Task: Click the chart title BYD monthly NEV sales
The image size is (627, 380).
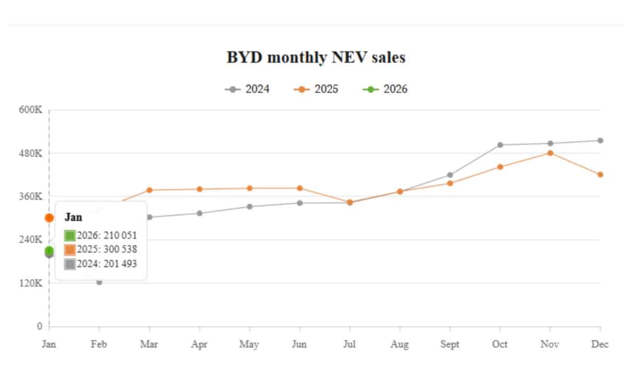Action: coord(316,57)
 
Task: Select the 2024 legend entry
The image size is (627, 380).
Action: coord(248,89)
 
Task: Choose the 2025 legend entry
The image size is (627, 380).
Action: coord(316,89)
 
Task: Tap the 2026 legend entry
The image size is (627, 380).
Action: coord(385,89)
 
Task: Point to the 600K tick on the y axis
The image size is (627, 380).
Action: coord(31,110)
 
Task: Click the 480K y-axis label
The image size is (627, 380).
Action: coord(31,153)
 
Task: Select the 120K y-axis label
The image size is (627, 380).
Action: coord(31,283)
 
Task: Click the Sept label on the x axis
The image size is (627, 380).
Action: coord(450,344)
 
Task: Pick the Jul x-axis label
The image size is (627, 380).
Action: coord(350,344)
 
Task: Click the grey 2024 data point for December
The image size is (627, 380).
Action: coord(600,141)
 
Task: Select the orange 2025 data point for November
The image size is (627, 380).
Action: coord(550,153)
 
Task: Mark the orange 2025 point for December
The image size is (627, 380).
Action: coord(600,175)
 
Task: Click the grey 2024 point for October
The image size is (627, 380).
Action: coord(500,145)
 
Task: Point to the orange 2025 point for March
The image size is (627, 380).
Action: coord(149,190)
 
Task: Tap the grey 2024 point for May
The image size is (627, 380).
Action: coord(250,206)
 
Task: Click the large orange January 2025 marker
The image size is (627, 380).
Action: coord(49,218)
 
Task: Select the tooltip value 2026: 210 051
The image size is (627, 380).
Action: coord(107,236)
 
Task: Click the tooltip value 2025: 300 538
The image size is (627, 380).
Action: coord(107,250)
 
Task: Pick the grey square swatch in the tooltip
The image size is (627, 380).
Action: coord(70,264)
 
